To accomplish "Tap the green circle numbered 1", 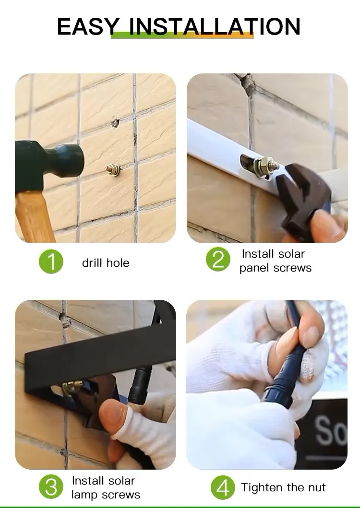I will (x=51, y=262).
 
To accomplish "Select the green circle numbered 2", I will (x=218, y=260).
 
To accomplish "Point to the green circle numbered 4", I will (x=223, y=487).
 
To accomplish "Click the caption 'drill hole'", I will (x=106, y=263).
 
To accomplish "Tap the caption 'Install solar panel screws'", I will (x=275, y=260).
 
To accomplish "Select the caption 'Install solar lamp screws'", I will (x=105, y=487).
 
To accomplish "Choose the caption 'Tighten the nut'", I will (x=283, y=487).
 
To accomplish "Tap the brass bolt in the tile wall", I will (x=113, y=169).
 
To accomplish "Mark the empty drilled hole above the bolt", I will (x=115, y=123).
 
